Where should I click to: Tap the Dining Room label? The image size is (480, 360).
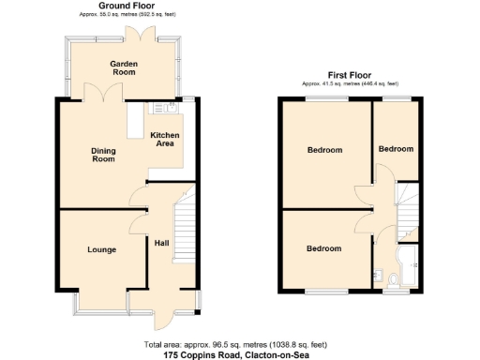(103, 155)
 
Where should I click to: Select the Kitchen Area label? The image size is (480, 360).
(166, 141)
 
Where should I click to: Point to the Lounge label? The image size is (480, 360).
(102, 249)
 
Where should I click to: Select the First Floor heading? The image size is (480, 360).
(350, 74)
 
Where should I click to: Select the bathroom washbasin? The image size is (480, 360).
(376, 276)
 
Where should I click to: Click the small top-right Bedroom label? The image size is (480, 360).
(396, 149)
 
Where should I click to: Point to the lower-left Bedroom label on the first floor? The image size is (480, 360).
(324, 248)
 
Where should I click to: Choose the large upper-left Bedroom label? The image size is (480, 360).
(324, 150)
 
